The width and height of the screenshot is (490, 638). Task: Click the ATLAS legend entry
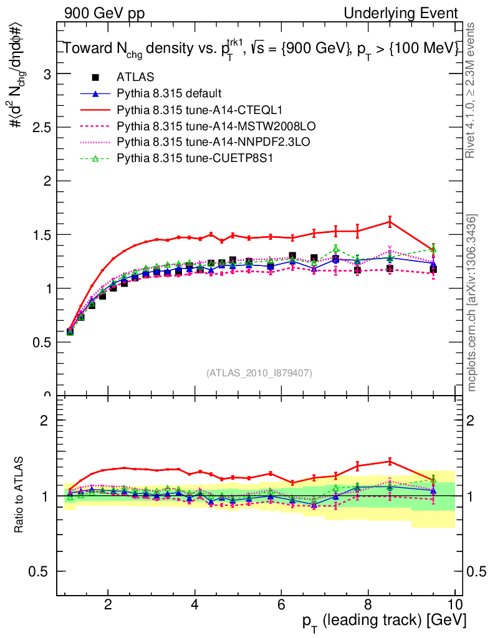(132, 77)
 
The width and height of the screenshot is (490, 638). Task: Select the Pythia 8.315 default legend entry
(169, 93)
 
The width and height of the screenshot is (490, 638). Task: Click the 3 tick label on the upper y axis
(46, 74)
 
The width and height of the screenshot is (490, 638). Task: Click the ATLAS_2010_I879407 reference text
(259, 373)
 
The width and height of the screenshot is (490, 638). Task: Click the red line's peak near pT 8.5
(390, 221)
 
